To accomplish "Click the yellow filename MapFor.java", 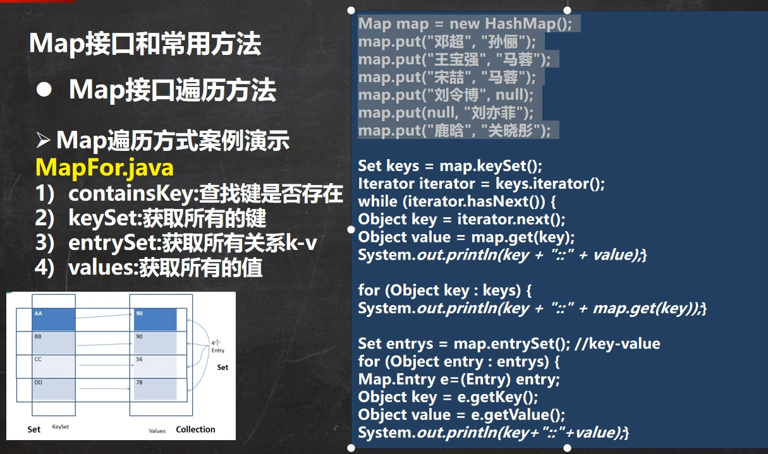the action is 104,168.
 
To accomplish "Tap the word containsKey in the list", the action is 131,193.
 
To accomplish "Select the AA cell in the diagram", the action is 54,319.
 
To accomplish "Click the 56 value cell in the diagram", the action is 155,366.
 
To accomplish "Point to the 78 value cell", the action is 155,389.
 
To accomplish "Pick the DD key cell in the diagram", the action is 54,389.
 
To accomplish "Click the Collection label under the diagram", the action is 195,429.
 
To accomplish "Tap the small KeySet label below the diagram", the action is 60,427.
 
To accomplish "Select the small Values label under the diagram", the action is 157,431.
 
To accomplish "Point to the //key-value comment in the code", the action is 618,343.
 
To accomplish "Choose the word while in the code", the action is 377,201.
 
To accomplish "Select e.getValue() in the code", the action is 518,415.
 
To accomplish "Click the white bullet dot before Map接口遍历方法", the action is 44,90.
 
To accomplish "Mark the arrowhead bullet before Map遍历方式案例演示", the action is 43,140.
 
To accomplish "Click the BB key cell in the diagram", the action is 54,342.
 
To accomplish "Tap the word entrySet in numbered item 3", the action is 113,243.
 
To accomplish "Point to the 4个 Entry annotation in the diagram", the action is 217,347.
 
